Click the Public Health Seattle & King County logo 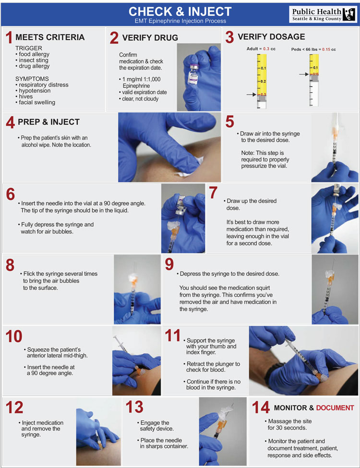[323, 14]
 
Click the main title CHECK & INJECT [180, 11]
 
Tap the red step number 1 [8, 38]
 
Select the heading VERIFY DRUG [150, 38]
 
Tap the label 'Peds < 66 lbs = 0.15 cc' [314, 49]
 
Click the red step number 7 [214, 192]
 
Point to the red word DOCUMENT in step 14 [335, 407]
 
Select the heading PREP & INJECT [48, 122]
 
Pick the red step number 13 [134, 407]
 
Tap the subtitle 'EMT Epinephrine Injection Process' [180, 21]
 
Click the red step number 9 [169, 264]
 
